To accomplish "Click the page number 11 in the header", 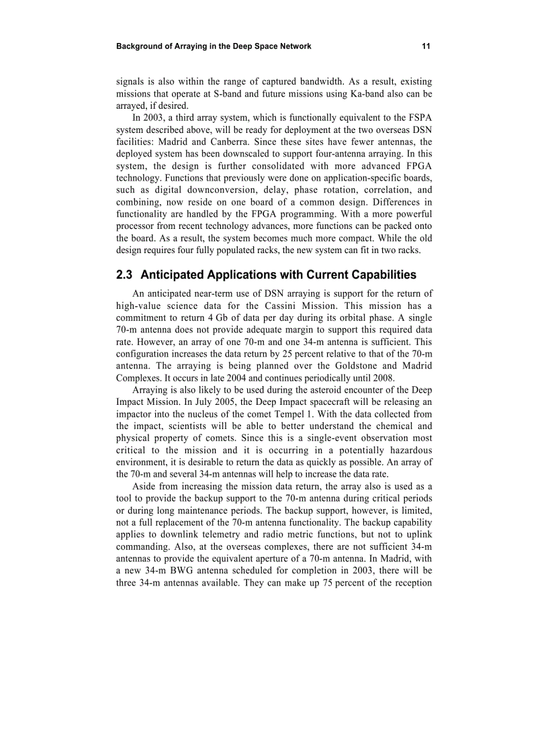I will [426, 46].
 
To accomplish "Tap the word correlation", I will [386, 190].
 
